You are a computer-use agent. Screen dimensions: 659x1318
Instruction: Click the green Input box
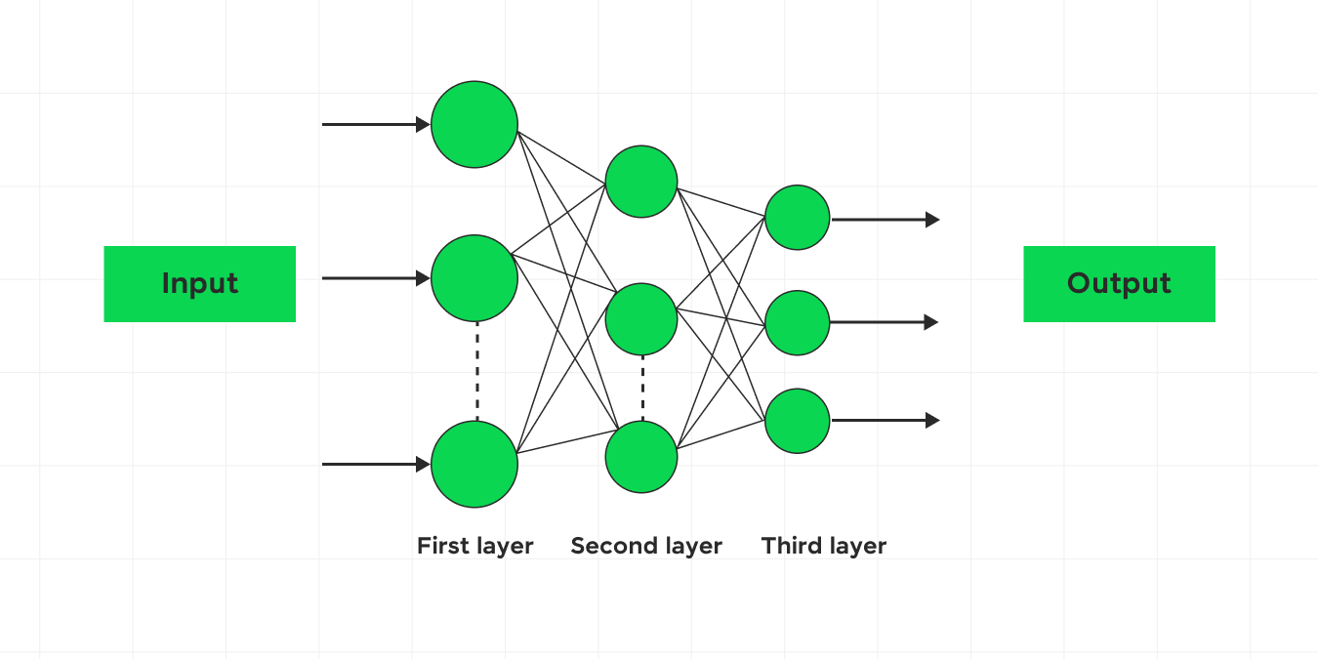pyautogui.click(x=199, y=283)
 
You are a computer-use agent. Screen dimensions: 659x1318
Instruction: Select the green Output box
pyautogui.click(x=1119, y=283)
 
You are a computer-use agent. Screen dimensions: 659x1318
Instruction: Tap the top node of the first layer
pyautogui.click(x=474, y=125)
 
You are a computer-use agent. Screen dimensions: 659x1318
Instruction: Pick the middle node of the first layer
pyautogui.click(x=474, y=278)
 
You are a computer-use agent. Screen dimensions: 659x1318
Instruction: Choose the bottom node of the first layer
pyautogui.click(x=474, y=465)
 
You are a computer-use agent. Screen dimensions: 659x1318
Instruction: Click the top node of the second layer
pyautogui.click(x=641, y=182)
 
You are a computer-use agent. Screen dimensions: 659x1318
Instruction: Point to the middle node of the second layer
pyautogui.click(x=641, y=319)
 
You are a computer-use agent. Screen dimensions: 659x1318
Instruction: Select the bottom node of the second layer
pyautogui.click(x=641, y=457)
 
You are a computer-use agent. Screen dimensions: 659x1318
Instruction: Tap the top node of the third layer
pyautogui.click(x=798, y=218)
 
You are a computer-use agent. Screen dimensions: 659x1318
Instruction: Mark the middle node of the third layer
pyautogui.click(x=798, y=322)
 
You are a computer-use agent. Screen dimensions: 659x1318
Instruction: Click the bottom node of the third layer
pyautogui.click(x=798, y=421)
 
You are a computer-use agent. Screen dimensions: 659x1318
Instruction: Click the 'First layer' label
pyautogui.click(x=474, y=546)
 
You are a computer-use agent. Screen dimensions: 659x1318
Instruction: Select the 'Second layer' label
pyautogui.click(x=646, y=546)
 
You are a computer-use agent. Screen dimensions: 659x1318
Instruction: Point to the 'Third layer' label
pyautogui.click(x=824, y=546)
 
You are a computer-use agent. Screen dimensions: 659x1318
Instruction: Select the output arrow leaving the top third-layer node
pyautogui.click(x=885, y=220)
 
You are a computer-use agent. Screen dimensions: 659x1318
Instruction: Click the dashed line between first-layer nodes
pyautogui.click(x=477, y=371)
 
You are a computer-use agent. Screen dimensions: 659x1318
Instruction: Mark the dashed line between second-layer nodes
pyautogui.click(x=642, y=388)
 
